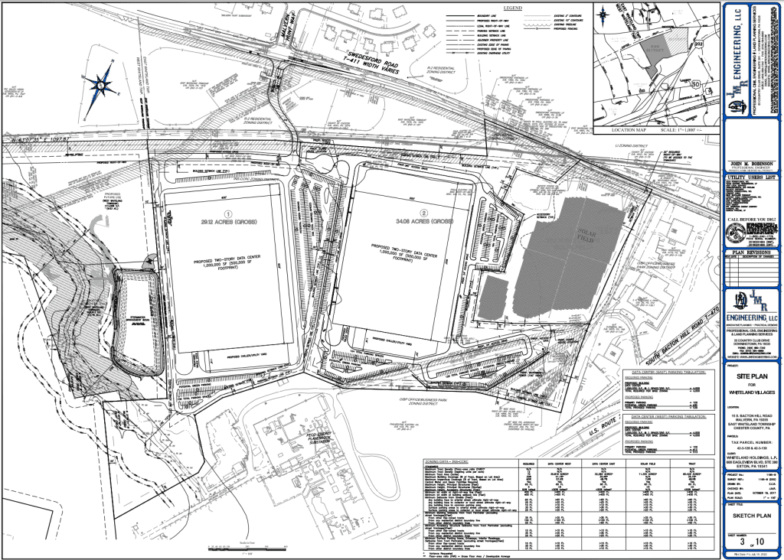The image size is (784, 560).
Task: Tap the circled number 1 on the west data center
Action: click(x=227, y=215)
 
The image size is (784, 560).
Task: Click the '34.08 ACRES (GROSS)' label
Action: click(x=420, y=223)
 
